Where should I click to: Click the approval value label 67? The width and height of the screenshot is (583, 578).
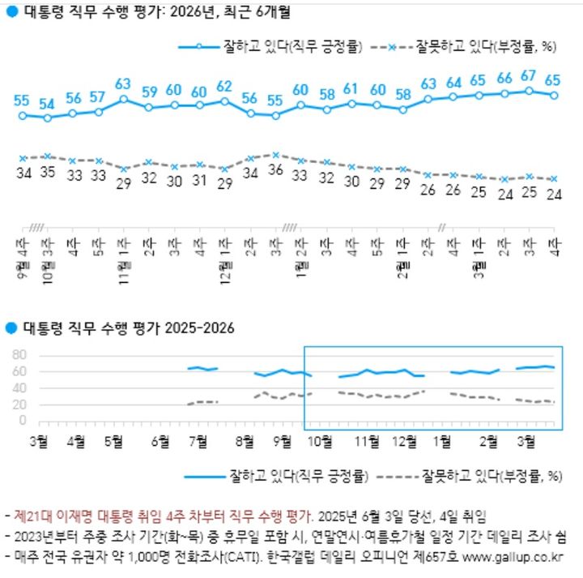[529, 75]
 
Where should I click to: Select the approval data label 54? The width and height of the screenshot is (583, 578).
[48, 104]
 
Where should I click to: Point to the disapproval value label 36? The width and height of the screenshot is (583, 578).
[276, 170]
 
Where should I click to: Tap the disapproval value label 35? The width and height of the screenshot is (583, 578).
[48, 172]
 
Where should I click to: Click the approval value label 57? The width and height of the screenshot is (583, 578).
[98, 97]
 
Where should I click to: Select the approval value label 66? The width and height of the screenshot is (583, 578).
[504, 79]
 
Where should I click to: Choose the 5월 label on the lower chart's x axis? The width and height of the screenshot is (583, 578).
[114, 440]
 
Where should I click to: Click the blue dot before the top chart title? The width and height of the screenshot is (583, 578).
[11, 12]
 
